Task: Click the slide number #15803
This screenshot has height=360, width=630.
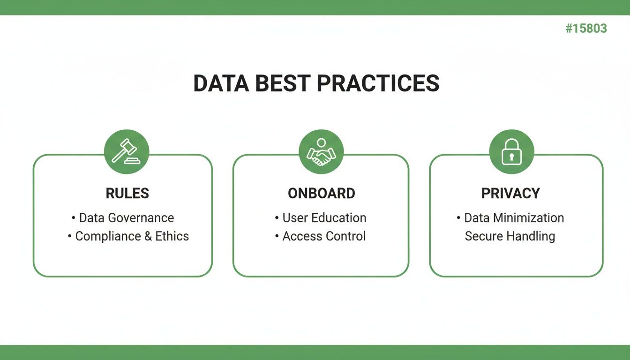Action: [586, 29]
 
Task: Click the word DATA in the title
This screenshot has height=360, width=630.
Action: [220, 83]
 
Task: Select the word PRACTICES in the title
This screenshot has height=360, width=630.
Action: [378, 83]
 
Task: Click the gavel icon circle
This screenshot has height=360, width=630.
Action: [127, 152]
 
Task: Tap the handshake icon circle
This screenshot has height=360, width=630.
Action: [321, 152]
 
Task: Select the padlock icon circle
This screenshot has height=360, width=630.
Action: [511, 152]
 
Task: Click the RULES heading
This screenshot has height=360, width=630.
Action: [127, 193]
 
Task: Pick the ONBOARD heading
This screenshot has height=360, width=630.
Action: [321, 193]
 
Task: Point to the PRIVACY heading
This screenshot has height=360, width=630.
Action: [510, 193]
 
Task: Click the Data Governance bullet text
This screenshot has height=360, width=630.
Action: [126, 218]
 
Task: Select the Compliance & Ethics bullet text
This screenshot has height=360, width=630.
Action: [132, 236]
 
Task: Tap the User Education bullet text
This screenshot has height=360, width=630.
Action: [324, 218]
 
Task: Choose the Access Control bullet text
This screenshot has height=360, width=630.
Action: [324, 236]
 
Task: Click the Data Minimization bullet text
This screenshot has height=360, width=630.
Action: [514, 218]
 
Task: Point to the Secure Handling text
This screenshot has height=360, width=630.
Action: [510, 236]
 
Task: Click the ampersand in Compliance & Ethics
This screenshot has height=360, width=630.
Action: [148, 236]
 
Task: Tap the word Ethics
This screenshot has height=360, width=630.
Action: [172, 236]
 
